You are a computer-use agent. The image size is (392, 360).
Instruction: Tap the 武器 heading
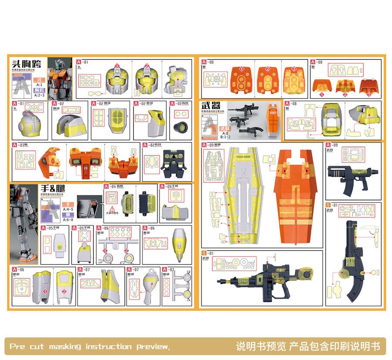tap(210, 106)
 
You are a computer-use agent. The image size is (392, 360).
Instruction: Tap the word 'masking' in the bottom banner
tap(65, 347)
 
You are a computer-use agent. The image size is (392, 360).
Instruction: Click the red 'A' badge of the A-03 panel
tap(15, 146)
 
